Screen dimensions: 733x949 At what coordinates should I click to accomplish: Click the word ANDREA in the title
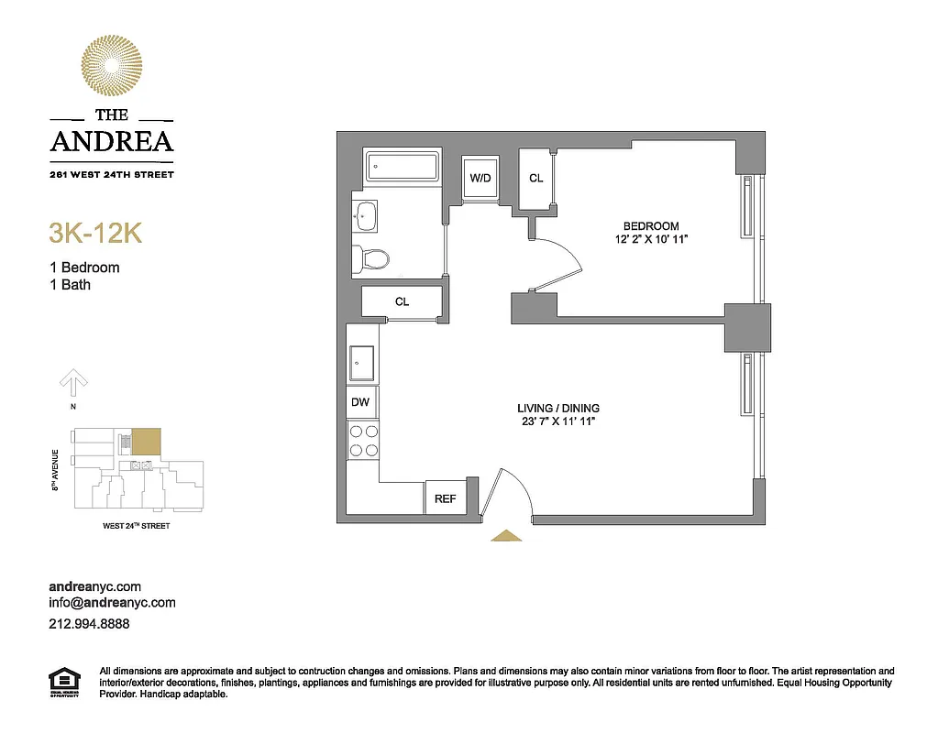tap(111, 141)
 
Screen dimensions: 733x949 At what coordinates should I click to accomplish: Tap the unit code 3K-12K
tap(94, 233)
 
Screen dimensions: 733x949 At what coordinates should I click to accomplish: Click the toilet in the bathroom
tap(371, 259)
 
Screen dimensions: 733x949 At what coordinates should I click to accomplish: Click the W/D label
tap(480, 178)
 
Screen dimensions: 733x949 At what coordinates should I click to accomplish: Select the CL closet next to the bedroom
tap(535, 178)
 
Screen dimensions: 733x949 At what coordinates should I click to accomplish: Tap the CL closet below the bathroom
tap(402, 301)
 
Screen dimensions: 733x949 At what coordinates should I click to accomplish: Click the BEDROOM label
tap(651, 226)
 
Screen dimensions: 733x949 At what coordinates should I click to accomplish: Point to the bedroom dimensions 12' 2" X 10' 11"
tap(651, 239)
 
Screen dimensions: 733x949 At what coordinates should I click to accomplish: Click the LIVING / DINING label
tap(557, 409)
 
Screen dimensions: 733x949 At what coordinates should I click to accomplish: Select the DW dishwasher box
tap(361, 401)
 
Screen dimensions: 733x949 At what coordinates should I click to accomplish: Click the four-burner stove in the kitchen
tap(363, 441)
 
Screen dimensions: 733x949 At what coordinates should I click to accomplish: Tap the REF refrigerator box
tap(445, 499)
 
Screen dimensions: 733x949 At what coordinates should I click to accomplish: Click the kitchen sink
tap(362, 363)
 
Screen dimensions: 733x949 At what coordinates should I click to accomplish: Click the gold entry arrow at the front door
tap(505, 536)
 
